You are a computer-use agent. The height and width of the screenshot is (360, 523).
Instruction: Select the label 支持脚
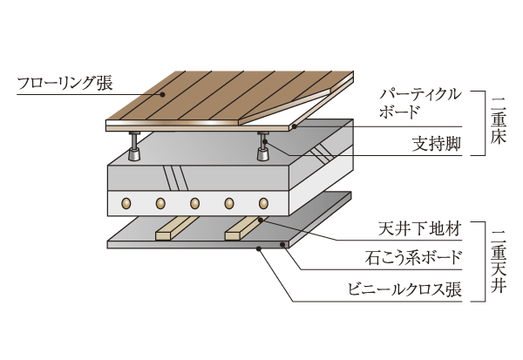click(436, 143)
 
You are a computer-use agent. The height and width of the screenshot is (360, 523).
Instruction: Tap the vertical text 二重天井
click(501, 260)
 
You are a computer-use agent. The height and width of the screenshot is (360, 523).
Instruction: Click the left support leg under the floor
click(135, 147)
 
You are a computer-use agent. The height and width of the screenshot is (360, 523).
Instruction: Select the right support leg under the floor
click(262, 147)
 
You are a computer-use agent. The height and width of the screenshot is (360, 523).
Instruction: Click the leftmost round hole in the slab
click(126, 204)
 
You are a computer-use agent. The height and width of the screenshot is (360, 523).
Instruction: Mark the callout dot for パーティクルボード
click(294, 127)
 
